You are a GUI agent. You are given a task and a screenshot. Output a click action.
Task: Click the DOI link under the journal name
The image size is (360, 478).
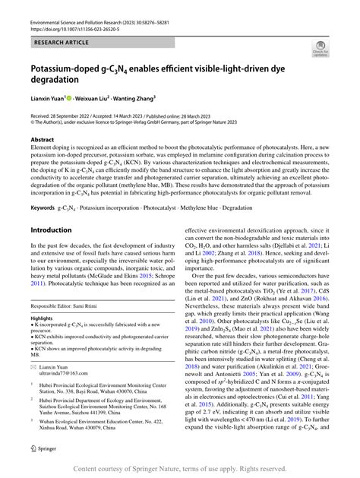click(x=85, y=32)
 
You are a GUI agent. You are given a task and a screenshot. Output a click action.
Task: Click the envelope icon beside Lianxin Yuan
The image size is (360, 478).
click(x=34, y=366)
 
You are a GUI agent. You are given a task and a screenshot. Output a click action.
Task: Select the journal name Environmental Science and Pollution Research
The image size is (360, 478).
click(x=92, y=24)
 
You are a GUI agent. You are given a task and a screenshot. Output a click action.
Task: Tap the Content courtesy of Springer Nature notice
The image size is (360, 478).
click(x=179, y=469)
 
